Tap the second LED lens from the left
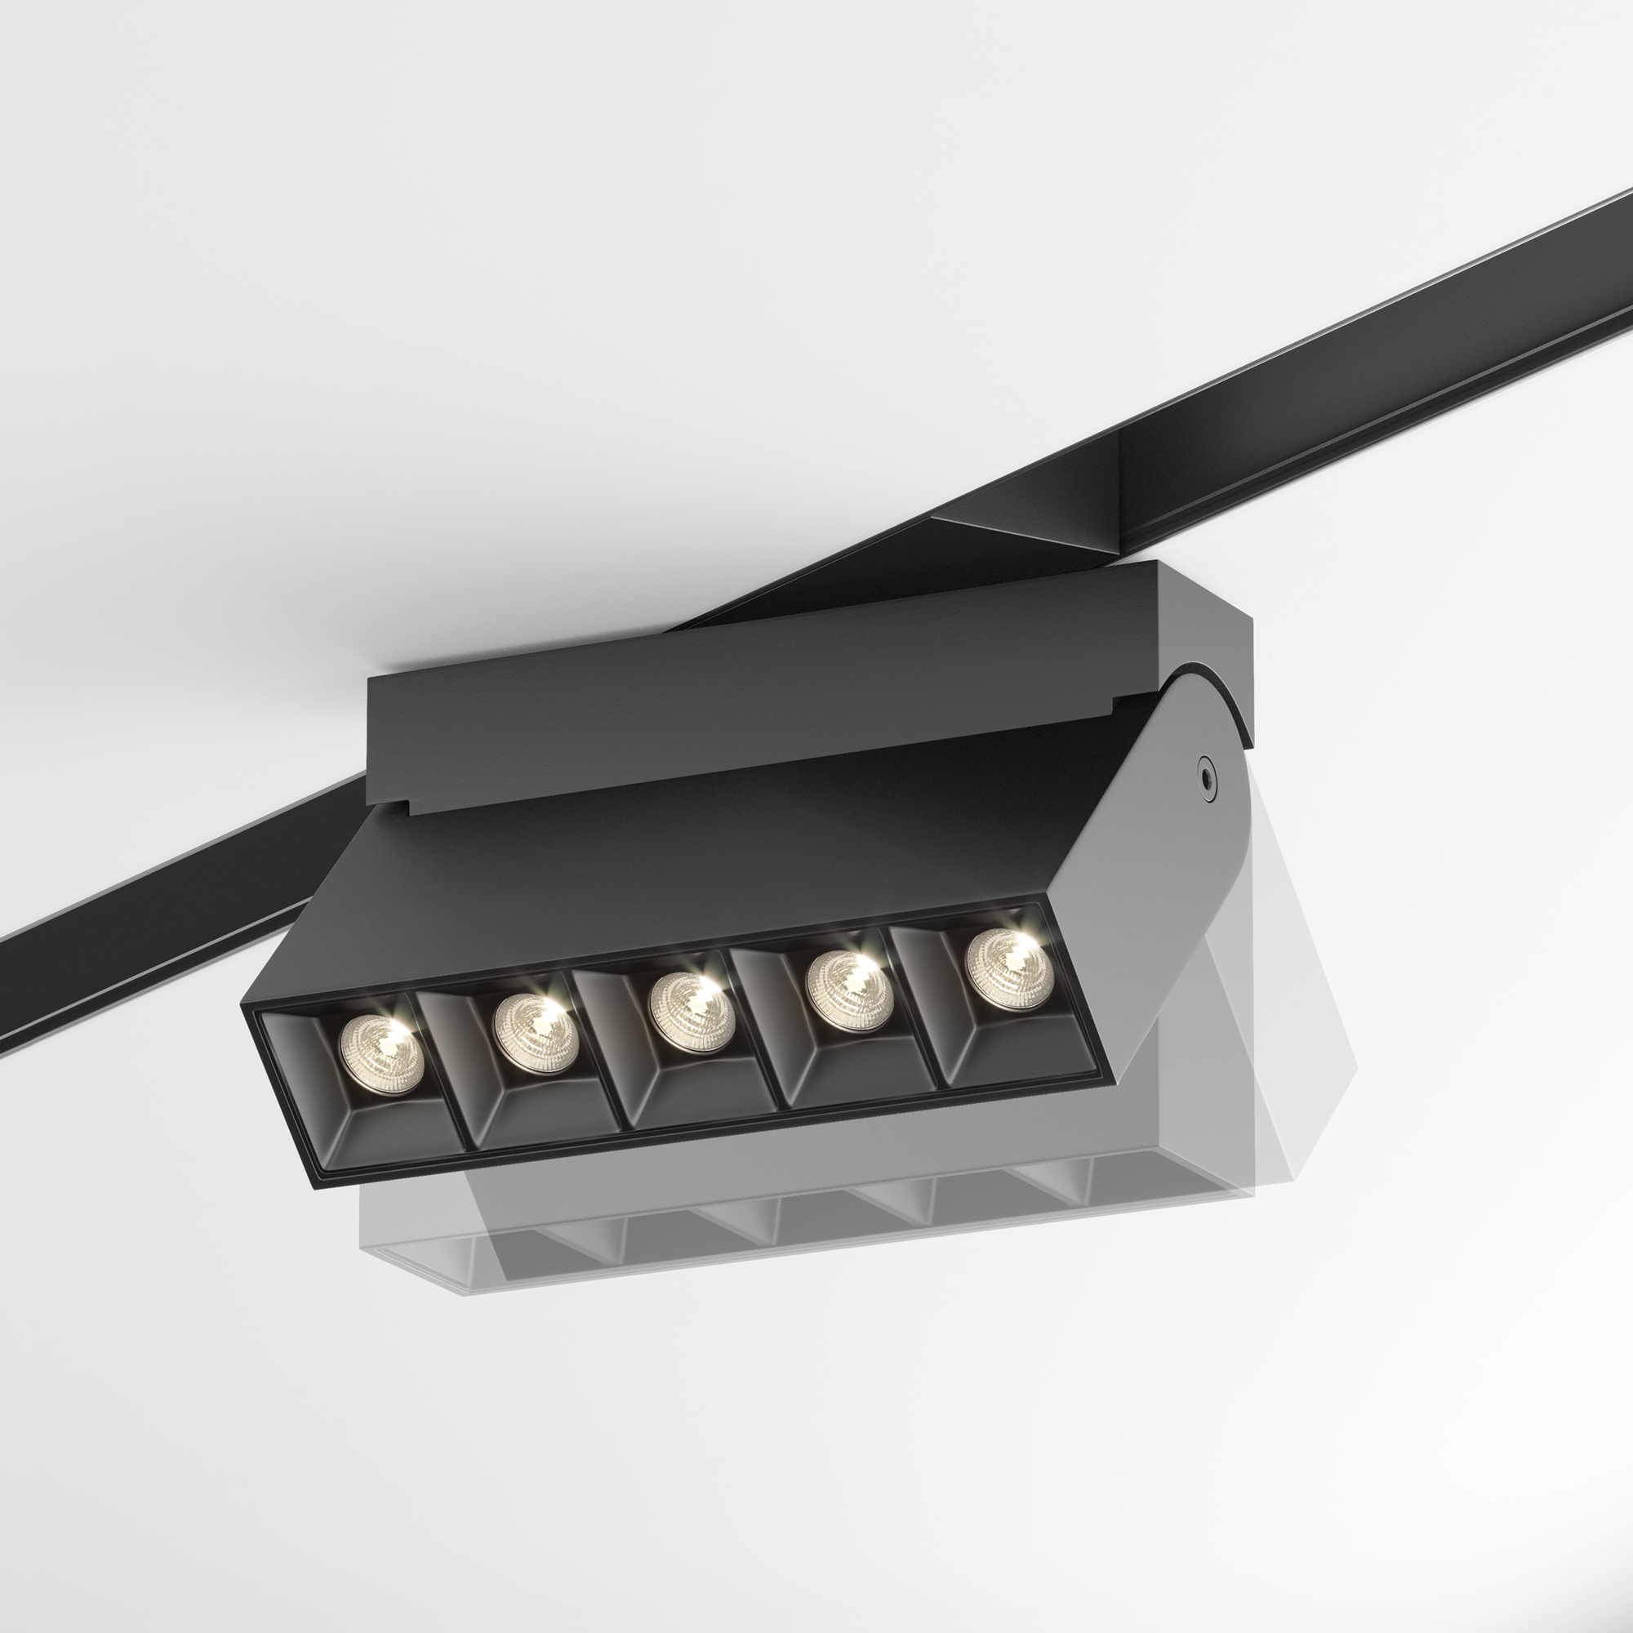tap(536, 1033)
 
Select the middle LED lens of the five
tap(692, 1012)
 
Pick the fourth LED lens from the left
tap(849, 990)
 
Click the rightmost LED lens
tap(1008, 968)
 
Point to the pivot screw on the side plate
tap(1206, 772)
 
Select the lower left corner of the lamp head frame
tap(319, 1183)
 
